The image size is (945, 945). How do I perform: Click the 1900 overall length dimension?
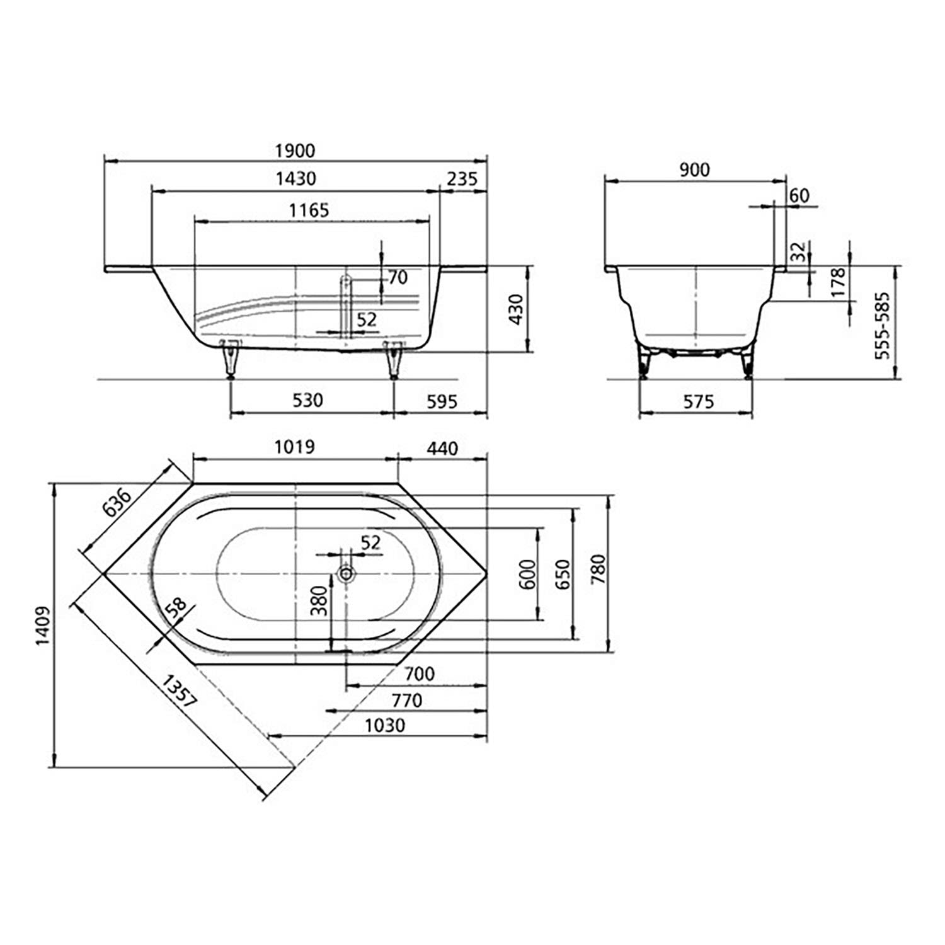pyautogui.click(x=295, y=151)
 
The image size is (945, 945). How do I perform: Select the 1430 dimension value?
pyautogui.click(x=295, y=179)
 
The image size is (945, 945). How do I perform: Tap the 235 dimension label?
pyautogui.click(x=462, y=179)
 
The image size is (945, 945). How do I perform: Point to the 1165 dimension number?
pyautogui.click(x=309, y=210)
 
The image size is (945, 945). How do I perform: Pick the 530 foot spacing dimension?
pyautogui.click(x=308, y=400)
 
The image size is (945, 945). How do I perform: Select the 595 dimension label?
pyautogui.click(x=442, y=401)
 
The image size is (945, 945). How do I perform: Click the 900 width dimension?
pyautogui.click(x=695, y=169)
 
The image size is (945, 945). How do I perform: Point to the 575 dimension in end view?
pyautogui.click(x=699, y=401)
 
